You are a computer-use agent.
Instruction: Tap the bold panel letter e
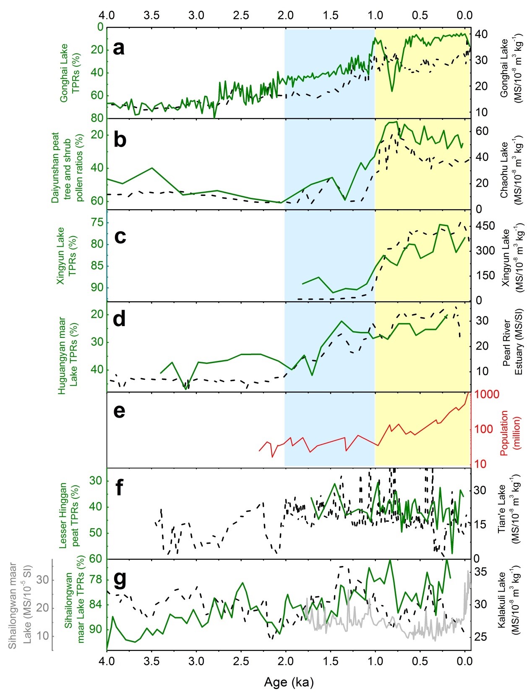120,411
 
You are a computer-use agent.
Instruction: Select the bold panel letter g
120,579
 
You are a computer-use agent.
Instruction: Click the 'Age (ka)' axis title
289,682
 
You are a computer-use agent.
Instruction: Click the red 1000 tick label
487,395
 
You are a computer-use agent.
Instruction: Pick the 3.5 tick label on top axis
151,16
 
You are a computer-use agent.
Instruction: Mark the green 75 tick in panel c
97,223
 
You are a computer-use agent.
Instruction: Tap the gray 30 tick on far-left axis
43,580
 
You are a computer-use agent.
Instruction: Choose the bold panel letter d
120,319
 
